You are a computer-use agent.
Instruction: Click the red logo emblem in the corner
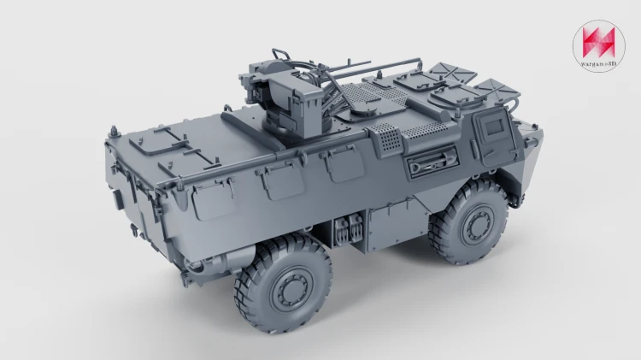click(x=599, y=43)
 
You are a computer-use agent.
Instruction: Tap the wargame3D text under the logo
click(x=599, y=63)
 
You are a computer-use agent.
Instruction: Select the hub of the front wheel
click(x=477, y=227)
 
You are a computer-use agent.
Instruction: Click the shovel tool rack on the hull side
click(x=432, y=162)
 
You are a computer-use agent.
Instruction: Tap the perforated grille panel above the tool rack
click(x=386, y=139)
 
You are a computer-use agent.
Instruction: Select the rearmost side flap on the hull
click(x=214, y=199)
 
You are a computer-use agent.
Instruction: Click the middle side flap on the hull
click(x=282, y=180)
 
